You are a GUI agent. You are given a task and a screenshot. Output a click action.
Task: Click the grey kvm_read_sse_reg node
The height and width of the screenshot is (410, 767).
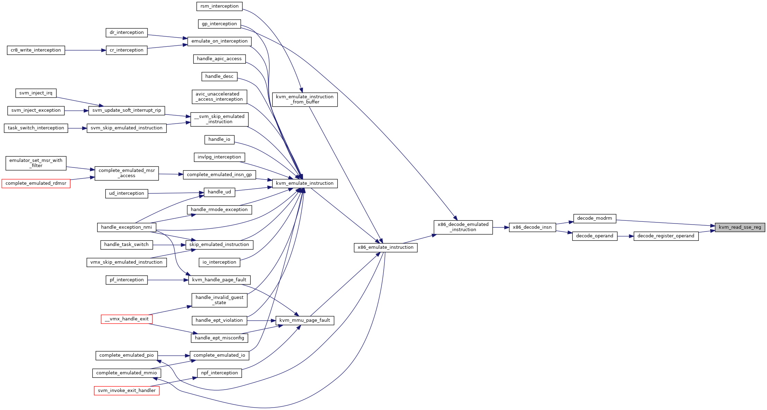coord(740,227)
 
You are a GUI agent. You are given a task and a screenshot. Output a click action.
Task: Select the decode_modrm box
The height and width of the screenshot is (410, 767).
coord(595,218)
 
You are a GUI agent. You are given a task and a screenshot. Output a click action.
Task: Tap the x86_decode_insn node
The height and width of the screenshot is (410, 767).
coord(532,227)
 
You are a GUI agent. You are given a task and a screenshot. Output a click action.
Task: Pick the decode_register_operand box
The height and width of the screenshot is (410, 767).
coord(666,236)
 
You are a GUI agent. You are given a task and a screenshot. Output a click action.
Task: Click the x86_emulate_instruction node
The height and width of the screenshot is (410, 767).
coord(385,247)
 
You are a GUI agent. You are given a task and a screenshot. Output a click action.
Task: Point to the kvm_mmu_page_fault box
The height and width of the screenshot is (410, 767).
coord(305,320)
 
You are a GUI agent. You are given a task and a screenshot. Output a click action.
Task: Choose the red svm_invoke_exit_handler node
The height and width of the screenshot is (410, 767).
coord(127,391)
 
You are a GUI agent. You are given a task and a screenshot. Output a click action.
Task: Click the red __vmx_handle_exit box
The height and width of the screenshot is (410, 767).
coord(127,319)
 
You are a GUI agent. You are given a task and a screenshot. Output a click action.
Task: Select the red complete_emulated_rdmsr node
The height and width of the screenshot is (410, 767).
coord(36,183)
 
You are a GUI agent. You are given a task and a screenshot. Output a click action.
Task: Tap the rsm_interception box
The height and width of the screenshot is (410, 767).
coord(220,6)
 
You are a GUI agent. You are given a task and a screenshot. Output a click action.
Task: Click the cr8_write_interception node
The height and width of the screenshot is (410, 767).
coord(36,50)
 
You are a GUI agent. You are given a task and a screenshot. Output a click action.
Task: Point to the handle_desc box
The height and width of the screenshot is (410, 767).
coord(219,76)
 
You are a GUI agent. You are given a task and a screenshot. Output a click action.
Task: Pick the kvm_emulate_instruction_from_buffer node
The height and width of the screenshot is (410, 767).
coord(305,99)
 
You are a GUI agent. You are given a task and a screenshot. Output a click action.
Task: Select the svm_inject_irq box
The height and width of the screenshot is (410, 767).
coord(36,93)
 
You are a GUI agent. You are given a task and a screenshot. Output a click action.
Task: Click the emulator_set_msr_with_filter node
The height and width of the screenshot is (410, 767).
coord(36,163)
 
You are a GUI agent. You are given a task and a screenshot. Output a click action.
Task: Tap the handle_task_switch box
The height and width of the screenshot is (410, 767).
coord(126,245)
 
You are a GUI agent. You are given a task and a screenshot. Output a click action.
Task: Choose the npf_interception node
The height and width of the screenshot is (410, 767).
coord(220,373)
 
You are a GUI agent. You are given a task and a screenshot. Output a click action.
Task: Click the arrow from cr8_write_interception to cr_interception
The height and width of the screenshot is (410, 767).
coord(85,51)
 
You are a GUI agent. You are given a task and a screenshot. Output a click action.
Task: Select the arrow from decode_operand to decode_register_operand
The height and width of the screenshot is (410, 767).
coord(625,236)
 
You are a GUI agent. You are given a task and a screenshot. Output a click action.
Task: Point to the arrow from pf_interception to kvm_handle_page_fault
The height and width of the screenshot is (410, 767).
coord(168,280)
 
